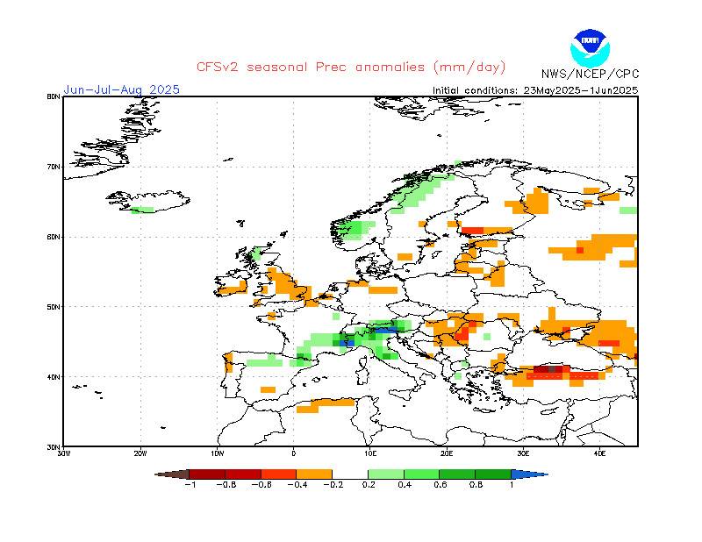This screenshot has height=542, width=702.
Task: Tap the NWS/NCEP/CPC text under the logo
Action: [x=590, y=73]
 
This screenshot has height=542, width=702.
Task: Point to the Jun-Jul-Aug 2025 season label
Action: [x=121, y=89]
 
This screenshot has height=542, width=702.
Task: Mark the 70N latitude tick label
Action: [x=54, y=166]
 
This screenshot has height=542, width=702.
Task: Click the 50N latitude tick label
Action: [x=54, y=306]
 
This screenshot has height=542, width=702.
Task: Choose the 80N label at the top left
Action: [x=54, y=96]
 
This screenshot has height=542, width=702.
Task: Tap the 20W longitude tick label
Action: [x=140, y=453]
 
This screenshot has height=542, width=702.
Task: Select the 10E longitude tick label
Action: [x=370, y=453]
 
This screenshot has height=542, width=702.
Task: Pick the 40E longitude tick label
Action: [x=599, y=453]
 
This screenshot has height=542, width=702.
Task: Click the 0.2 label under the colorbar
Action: [x=368, y=484]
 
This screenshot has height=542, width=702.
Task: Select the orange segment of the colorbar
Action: [x=314, y=474]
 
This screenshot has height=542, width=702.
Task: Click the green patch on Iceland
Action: [x=142, y=210]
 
